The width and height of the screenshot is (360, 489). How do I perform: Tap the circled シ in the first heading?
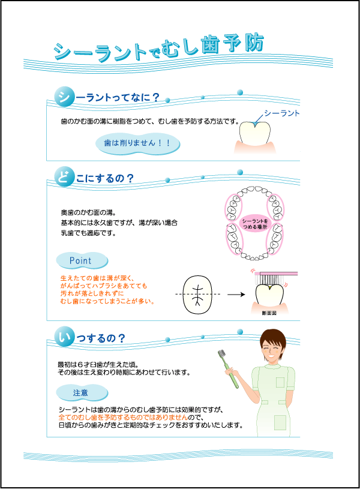pos(64,97)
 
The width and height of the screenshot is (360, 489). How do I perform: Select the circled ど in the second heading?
pos(64,176)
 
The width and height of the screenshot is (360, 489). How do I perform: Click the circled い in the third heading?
pos(64,337)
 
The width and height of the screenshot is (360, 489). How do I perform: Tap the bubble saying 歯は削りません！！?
pos(137,143)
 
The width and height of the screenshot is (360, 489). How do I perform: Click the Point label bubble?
pos(82,260)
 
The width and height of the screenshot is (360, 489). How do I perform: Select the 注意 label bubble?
pos(82,392)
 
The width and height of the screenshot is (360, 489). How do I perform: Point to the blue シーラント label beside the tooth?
pos(281,113)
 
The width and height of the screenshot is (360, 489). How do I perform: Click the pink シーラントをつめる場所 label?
pos(255,224)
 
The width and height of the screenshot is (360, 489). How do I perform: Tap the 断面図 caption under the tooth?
pos(269,313)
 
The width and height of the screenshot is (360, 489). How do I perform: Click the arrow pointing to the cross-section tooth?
pos(236,294)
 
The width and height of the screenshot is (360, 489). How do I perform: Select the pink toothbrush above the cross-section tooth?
pos(276,277)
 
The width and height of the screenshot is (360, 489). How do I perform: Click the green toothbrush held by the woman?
pos(229,369)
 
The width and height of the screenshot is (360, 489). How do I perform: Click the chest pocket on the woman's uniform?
pos(280,382)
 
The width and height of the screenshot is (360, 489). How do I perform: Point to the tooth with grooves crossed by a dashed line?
pos(197,295)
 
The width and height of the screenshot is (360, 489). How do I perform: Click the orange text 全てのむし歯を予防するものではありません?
pos(123,417)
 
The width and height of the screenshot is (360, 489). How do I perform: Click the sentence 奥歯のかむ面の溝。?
pos(89,212)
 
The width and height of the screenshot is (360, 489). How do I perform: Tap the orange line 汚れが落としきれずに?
pos(92,293)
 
